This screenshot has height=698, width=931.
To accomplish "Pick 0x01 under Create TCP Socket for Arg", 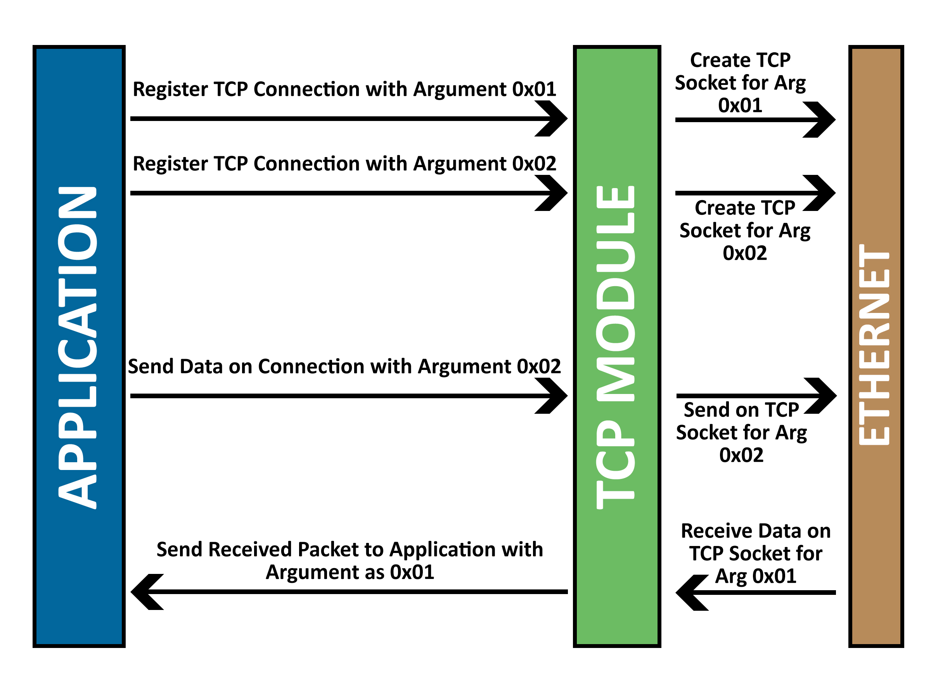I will pos(740,105).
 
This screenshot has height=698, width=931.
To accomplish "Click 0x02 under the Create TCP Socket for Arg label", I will pos(744,253).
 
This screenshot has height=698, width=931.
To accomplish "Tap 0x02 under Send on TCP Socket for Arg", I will pos(741,455).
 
